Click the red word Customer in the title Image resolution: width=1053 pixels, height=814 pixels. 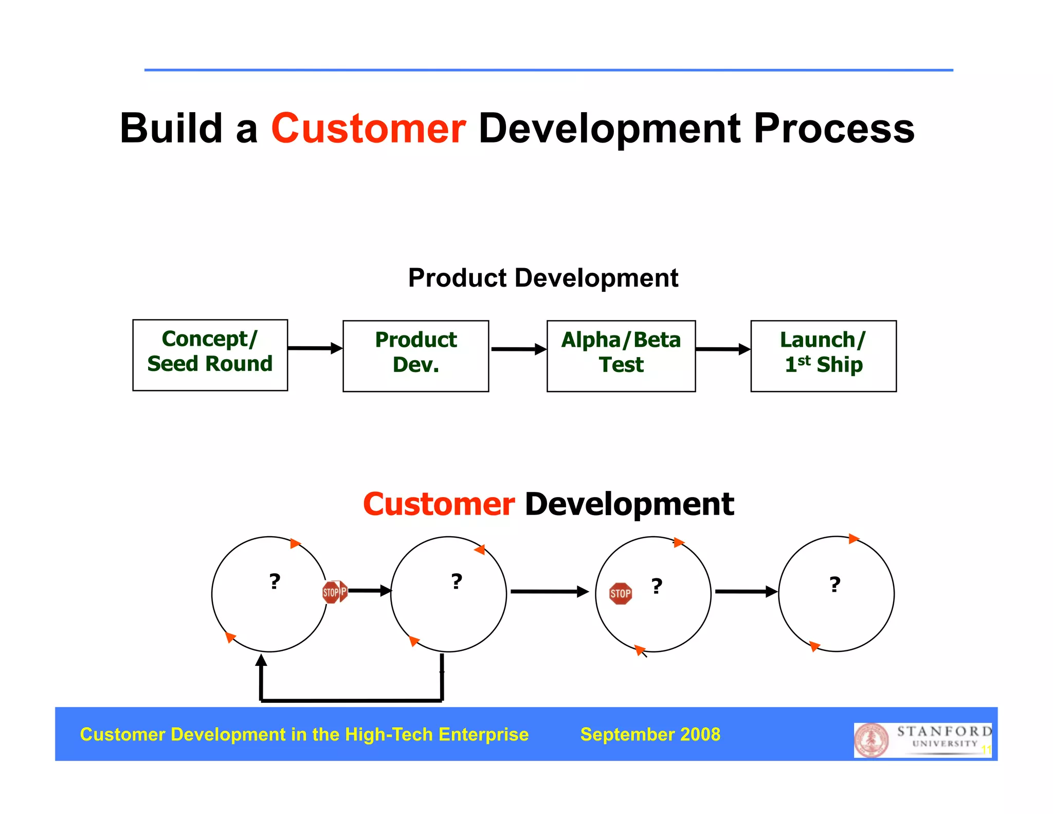[368, 129]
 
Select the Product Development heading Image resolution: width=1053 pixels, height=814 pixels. [543, 278]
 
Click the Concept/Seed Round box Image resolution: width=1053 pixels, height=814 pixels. [210, 355]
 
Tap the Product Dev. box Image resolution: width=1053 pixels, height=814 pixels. [415, 356]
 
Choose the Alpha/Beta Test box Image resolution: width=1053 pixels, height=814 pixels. [621, 356]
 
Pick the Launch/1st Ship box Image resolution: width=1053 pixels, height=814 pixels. [823, 356]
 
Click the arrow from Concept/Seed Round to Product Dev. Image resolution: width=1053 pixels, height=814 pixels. [315, 348]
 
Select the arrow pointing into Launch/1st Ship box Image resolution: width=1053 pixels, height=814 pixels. [722, 349]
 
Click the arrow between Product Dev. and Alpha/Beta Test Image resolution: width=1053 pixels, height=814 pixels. [518, 349]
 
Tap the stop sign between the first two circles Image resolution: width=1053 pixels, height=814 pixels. [334, 592]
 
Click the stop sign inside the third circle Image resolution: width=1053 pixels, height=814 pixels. [620, 594]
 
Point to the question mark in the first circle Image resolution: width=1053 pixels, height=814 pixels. [275, 582]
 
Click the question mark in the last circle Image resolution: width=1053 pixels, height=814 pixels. [835, 585]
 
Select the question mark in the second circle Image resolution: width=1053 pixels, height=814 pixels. [457, 582]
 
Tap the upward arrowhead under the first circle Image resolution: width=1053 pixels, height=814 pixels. [261, 660]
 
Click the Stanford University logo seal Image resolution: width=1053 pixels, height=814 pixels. [871, 740]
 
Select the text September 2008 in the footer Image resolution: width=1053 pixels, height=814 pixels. [650, 734]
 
